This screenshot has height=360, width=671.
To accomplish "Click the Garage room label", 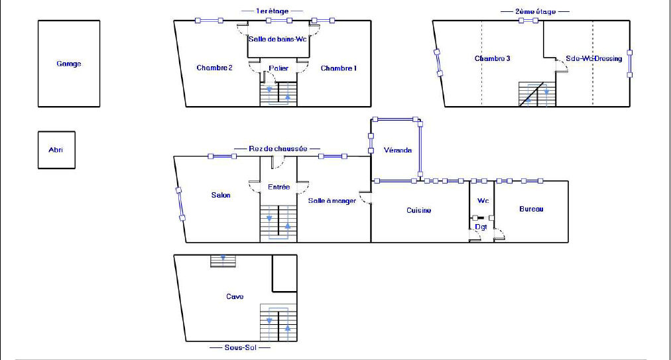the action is [x=69, y=64].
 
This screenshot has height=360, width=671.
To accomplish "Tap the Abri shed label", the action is [x=56, y=150].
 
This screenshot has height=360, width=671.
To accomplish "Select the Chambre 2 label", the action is [x=214, y=68].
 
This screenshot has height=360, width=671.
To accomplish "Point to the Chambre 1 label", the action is [x=339, y=68].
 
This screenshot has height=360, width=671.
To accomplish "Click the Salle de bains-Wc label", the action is [x=278, y=39].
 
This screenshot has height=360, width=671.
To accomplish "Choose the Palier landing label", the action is [x=278, y=68].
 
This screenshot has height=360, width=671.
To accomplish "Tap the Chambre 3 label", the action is [x=492, y=58].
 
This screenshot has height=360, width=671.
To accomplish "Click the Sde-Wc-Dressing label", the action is [x=594, y=58].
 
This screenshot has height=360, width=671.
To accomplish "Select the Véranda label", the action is [x=398, y=150].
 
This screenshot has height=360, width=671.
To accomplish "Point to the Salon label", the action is [x=221, y=195].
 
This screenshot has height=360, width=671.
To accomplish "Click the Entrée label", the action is [x=279, y=187].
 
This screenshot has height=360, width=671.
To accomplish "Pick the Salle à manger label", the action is [x=332, y=201].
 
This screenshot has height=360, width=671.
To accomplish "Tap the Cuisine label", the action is [x=418, y=210].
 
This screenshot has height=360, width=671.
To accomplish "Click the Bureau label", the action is [x=531, y=209].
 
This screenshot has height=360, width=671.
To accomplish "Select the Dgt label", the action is [x=481, y=227].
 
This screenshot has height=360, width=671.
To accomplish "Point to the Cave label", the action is [x=235, y=296].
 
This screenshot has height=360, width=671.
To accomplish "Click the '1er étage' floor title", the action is [x=272, y=11].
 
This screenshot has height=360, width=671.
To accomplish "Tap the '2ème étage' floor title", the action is [x=535, y=11].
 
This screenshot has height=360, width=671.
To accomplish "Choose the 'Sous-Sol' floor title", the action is [x=241, y=347].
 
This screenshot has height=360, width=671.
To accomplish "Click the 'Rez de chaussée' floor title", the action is [x=278, y=149].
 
